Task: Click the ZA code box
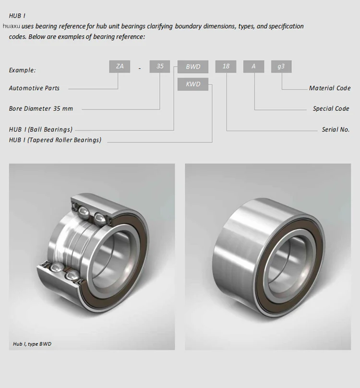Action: (x=120, y=66)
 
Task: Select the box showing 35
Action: (x=160, y=66)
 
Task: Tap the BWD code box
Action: (x=193, y=67)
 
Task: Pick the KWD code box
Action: (x=193, y=85)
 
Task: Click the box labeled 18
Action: (x=226, y=67)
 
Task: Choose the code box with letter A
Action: (x=253, y=67)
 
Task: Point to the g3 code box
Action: (x=281, y=67)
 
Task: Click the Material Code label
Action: (x=330, y=88)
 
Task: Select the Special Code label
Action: (x=331, y=109)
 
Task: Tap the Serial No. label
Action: (x=336, y=130)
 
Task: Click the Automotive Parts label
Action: (x=34, y=88)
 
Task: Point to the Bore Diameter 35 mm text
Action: (x=41, y=109)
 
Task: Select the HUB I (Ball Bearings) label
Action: (x=41, y=130)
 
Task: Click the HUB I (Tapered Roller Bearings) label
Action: (x=55, y=140)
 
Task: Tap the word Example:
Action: (x=22, y=70)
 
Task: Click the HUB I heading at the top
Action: (x=17, y=16)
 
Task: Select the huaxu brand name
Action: (x=11, y=26)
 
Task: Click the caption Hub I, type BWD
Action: (x=32, y=344)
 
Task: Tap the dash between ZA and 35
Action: (x=140, y=68)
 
